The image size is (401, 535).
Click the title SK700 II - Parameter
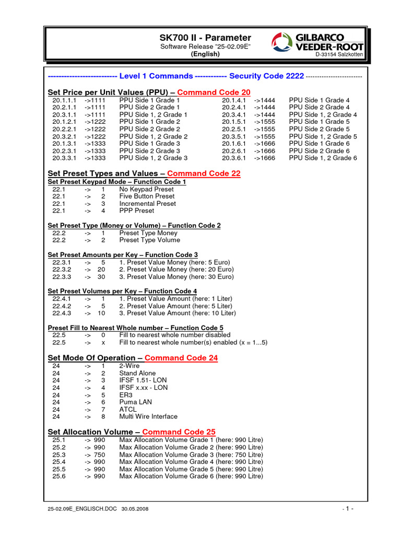tap(205, 38)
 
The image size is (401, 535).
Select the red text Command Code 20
tap(210, 92)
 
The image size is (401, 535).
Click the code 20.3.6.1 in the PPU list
tap(233, 158)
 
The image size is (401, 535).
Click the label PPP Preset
tap(137, 211)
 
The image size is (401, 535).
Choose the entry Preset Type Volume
tap(149, 240)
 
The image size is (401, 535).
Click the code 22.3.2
tap(61, 269)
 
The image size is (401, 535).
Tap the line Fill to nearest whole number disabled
tap(174, 335)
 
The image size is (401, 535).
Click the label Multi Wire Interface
tap(148, 416)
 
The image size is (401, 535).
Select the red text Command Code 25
tap(179, 432)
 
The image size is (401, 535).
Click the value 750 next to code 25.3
tap(99, 455)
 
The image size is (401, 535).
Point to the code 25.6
tap(58, 476)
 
